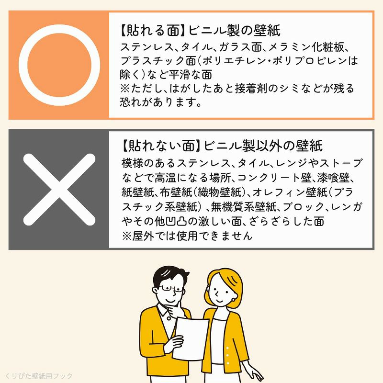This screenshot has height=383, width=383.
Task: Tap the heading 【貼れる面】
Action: (151, 31)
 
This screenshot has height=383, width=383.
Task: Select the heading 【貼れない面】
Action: (158, 145)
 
